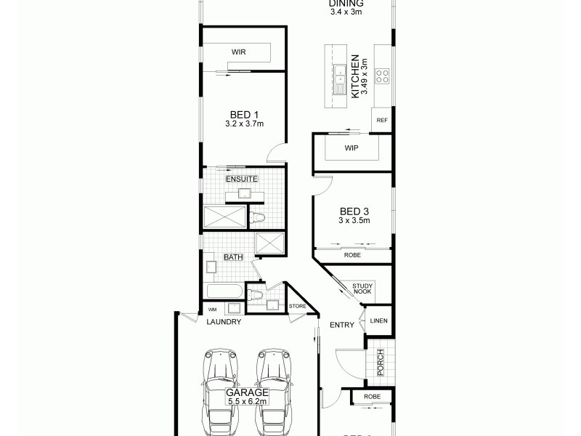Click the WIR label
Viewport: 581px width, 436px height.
tap(237, 52)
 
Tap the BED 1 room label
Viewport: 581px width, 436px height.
tap(244, 114)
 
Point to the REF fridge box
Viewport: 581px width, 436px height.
tap(382, 120)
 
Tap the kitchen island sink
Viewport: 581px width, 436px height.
tap(339, 74)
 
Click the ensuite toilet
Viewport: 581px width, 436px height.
tap(258, 217)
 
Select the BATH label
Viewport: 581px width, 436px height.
tap(233, 257)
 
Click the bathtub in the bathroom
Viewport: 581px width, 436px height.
tap(225, 292)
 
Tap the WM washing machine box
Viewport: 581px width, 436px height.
tap(212, 310)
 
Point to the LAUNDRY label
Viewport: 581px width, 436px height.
tap(224, 321)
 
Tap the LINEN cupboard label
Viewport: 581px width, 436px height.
tap(378, 320)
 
